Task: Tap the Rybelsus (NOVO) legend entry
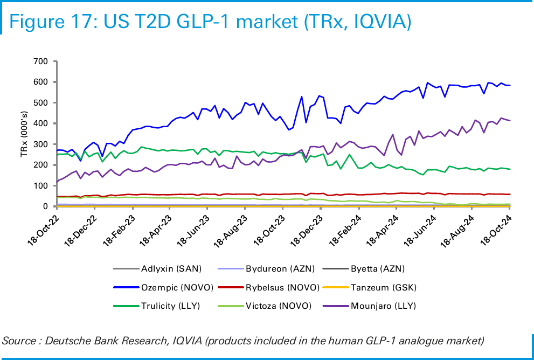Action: coord(283,287)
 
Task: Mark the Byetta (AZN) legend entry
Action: coord(377,268)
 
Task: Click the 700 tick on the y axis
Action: coord(41,61)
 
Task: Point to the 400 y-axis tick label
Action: coord(41,123)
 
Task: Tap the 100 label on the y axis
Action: coord(41,186)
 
